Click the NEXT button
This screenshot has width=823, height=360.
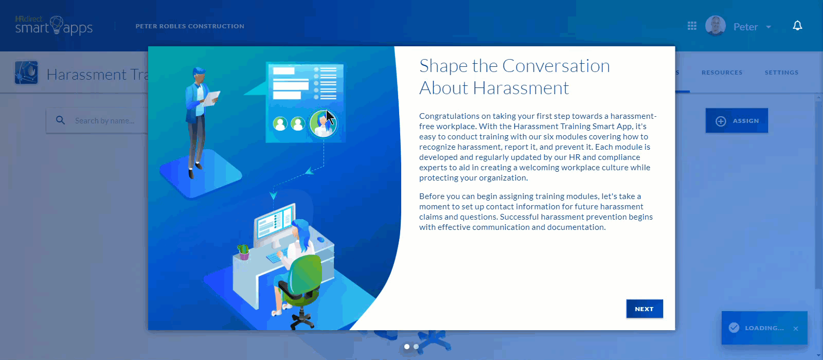coord(645,309)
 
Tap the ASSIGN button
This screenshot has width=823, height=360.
coord(737,120)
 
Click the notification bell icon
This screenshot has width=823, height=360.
coord(797,26)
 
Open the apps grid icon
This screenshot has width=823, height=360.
coord(692,26)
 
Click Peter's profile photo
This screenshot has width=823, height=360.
coord(715,26)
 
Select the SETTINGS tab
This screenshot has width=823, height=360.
coord(781,73)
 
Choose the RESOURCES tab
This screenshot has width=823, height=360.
coord(722,73)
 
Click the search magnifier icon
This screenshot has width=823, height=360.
coord(61,120)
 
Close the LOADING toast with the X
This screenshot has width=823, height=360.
coord(796,329)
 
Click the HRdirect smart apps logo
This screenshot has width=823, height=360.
coord(53,26)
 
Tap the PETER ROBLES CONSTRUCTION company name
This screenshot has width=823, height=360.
coord(190,26)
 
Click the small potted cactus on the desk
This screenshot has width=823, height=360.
coord(243,251)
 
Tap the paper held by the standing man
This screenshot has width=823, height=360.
coord(211,98)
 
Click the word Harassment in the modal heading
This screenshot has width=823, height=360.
coord(521,88)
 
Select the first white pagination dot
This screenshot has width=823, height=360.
coord(407,347)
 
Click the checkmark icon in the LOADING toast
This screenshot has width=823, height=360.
coord(734,327)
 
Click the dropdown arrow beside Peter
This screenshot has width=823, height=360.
coord(768,27)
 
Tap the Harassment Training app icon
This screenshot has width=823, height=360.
coord(26,73)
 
